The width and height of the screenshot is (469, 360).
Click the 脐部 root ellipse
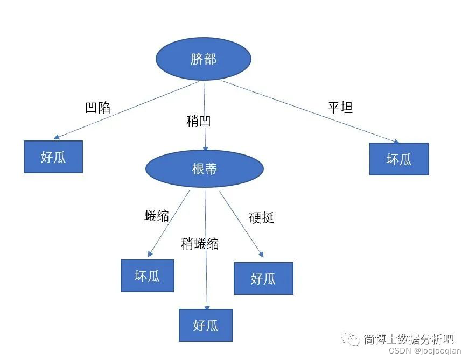[x=203, y=59]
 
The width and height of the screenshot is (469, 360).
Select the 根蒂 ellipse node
[x=204, y=168]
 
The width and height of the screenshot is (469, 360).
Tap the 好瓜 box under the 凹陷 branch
[x=53, y=157]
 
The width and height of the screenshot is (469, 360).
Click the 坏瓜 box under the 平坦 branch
[x=399, y=159]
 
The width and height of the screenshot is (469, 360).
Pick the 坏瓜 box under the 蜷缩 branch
[x=148, y=276]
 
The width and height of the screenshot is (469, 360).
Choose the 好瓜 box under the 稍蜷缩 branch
[x=206, y=325]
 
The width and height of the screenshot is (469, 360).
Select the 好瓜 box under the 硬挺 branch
[x=263, y=278]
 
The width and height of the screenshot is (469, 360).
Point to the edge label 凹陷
[x=98, y=108]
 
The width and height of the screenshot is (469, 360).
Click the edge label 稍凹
[x=198, y=121]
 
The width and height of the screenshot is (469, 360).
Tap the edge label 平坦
[x=340, y=107]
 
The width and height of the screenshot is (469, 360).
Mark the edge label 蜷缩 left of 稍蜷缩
[x=157, y=216]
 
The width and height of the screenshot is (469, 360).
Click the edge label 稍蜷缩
[x=200, y=244]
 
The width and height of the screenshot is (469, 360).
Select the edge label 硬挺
[x=262, y=218]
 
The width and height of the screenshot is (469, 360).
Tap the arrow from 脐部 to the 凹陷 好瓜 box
[x=129, y=110]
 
